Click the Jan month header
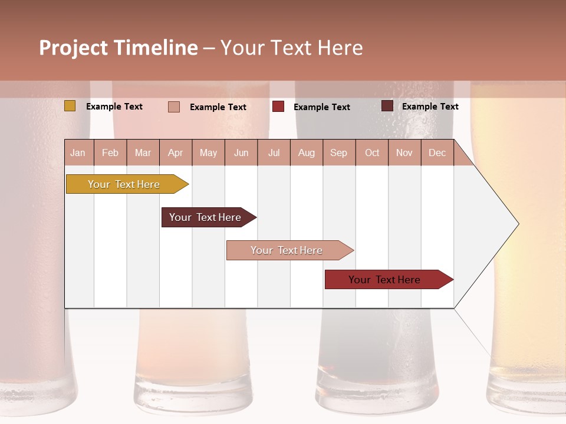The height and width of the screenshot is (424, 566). pos(78,153)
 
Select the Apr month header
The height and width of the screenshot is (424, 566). pos(175,153)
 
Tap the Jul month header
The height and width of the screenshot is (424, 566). pos(274,153)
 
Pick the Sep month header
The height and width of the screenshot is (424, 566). pos(338,153)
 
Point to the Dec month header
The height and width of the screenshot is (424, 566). pos(437,153)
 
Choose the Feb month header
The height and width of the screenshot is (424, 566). pos(110,153)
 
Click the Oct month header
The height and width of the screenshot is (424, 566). pos(372,153)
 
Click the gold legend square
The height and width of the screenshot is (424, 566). pos(70,106)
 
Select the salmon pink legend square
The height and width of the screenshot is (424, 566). pos(174,107)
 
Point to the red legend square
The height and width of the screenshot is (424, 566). pos(278,106)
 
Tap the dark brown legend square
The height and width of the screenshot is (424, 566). pos(387,106)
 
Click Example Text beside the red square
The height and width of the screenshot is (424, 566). pos(322,107)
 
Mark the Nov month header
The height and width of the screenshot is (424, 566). pos(404,153)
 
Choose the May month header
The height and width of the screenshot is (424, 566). pos(208,153)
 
